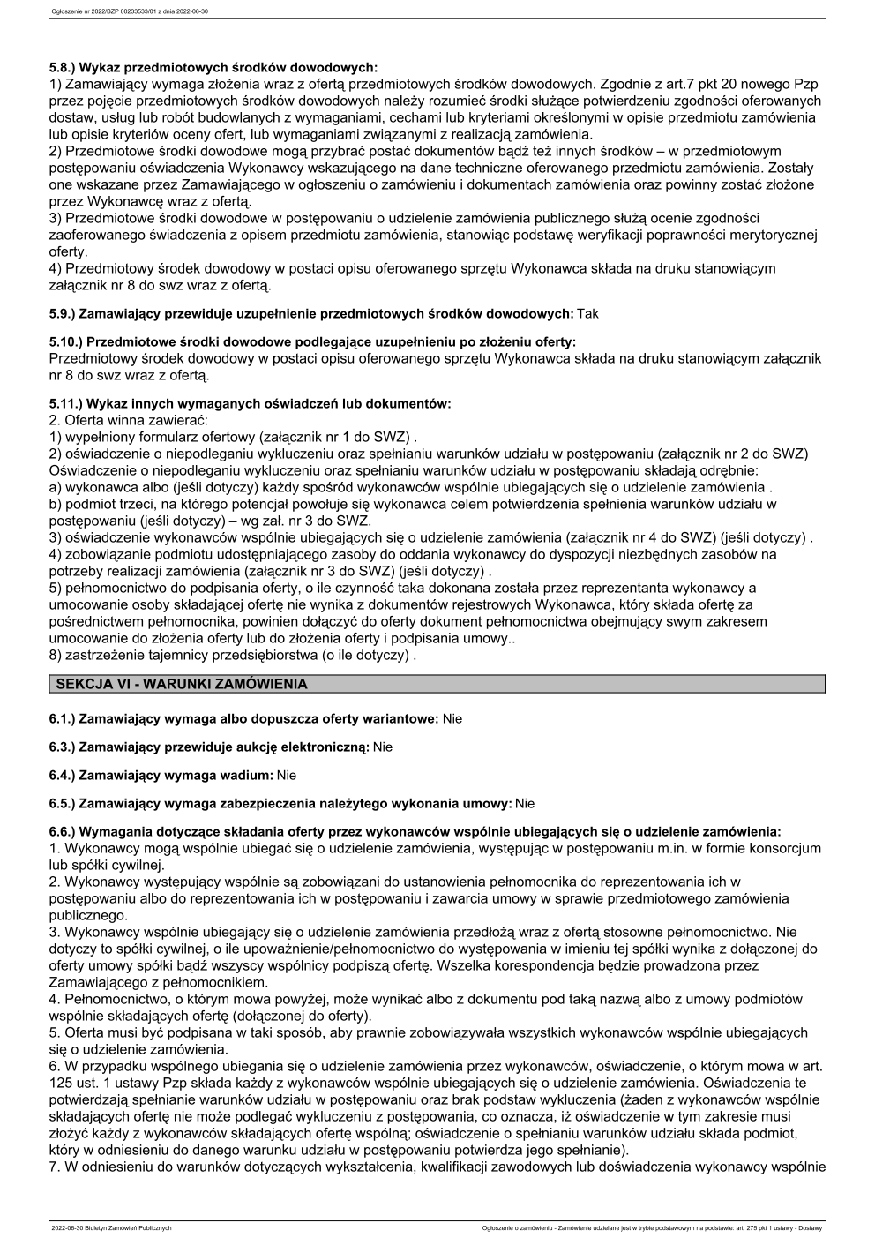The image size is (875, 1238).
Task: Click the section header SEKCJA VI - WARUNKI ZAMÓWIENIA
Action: (x=181, y=684)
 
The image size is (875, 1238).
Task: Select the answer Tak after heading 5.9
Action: (x=587, y=313)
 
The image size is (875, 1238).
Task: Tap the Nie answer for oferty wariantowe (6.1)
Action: (x=452, y=719)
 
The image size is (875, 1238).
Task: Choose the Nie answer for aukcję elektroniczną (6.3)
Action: (x=382, y=747)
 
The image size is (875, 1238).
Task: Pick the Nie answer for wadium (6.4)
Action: (x=286, y=776)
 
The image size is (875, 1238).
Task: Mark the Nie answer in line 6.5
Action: (x=525, y=804)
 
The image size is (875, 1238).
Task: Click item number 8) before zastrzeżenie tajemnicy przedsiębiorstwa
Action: (x=56, y=655)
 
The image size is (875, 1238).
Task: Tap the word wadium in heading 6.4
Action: (x=248, y=776)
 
